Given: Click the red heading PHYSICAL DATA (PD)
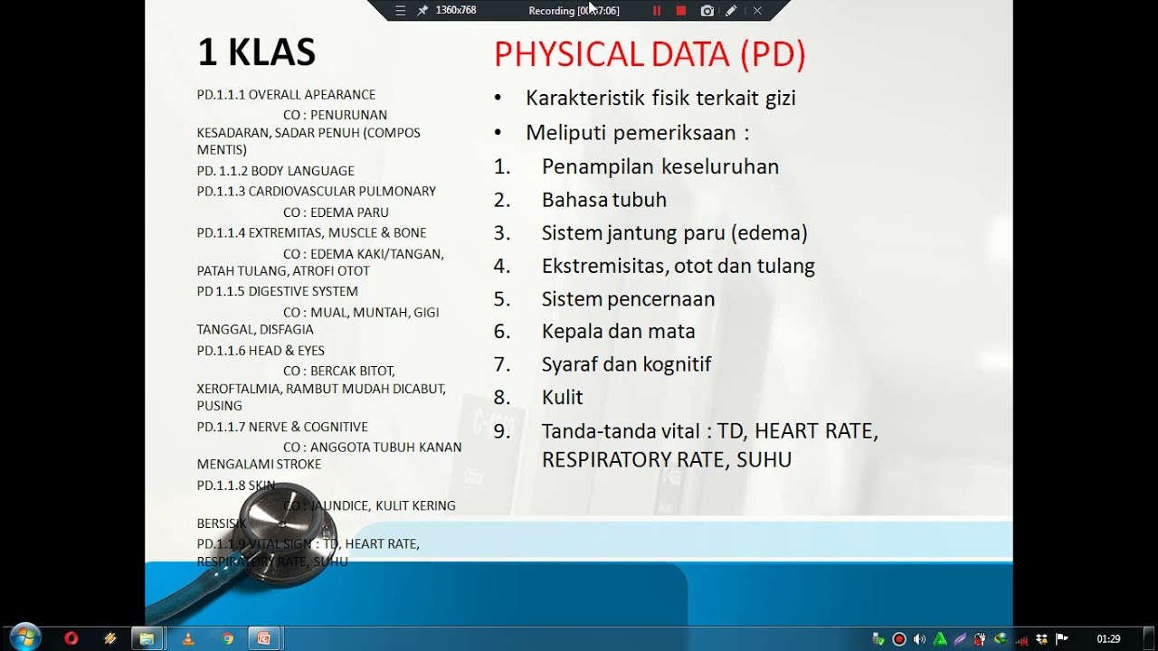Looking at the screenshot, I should pos(650,55).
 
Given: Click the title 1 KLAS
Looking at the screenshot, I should pos(256,53).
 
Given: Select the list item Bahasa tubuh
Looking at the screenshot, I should pos(603,200).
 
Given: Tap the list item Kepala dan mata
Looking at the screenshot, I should pos(618,331).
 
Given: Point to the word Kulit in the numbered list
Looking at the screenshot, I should pos(562,397).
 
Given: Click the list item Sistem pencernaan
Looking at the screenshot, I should pos(628,298).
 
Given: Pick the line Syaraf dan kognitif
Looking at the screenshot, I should pos(626,364).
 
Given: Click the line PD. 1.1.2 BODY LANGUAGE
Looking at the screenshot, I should pos(275,171).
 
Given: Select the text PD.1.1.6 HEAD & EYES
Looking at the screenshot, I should pos(261,351).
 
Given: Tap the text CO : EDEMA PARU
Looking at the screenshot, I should pos(336,212).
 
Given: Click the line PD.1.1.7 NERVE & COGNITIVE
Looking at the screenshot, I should pos(282,427).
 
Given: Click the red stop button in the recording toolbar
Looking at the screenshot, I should pos(681,11).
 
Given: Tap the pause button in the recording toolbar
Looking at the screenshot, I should pos(657,11).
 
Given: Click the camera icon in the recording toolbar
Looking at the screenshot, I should pos(707,11).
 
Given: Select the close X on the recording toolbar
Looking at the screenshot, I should pos(757,11).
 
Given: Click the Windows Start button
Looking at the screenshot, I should pos(24,638).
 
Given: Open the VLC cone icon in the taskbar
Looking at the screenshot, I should pos(187,639).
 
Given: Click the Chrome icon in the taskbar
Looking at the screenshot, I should pos(227,639).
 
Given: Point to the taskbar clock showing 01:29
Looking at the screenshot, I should pos(1108,639).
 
